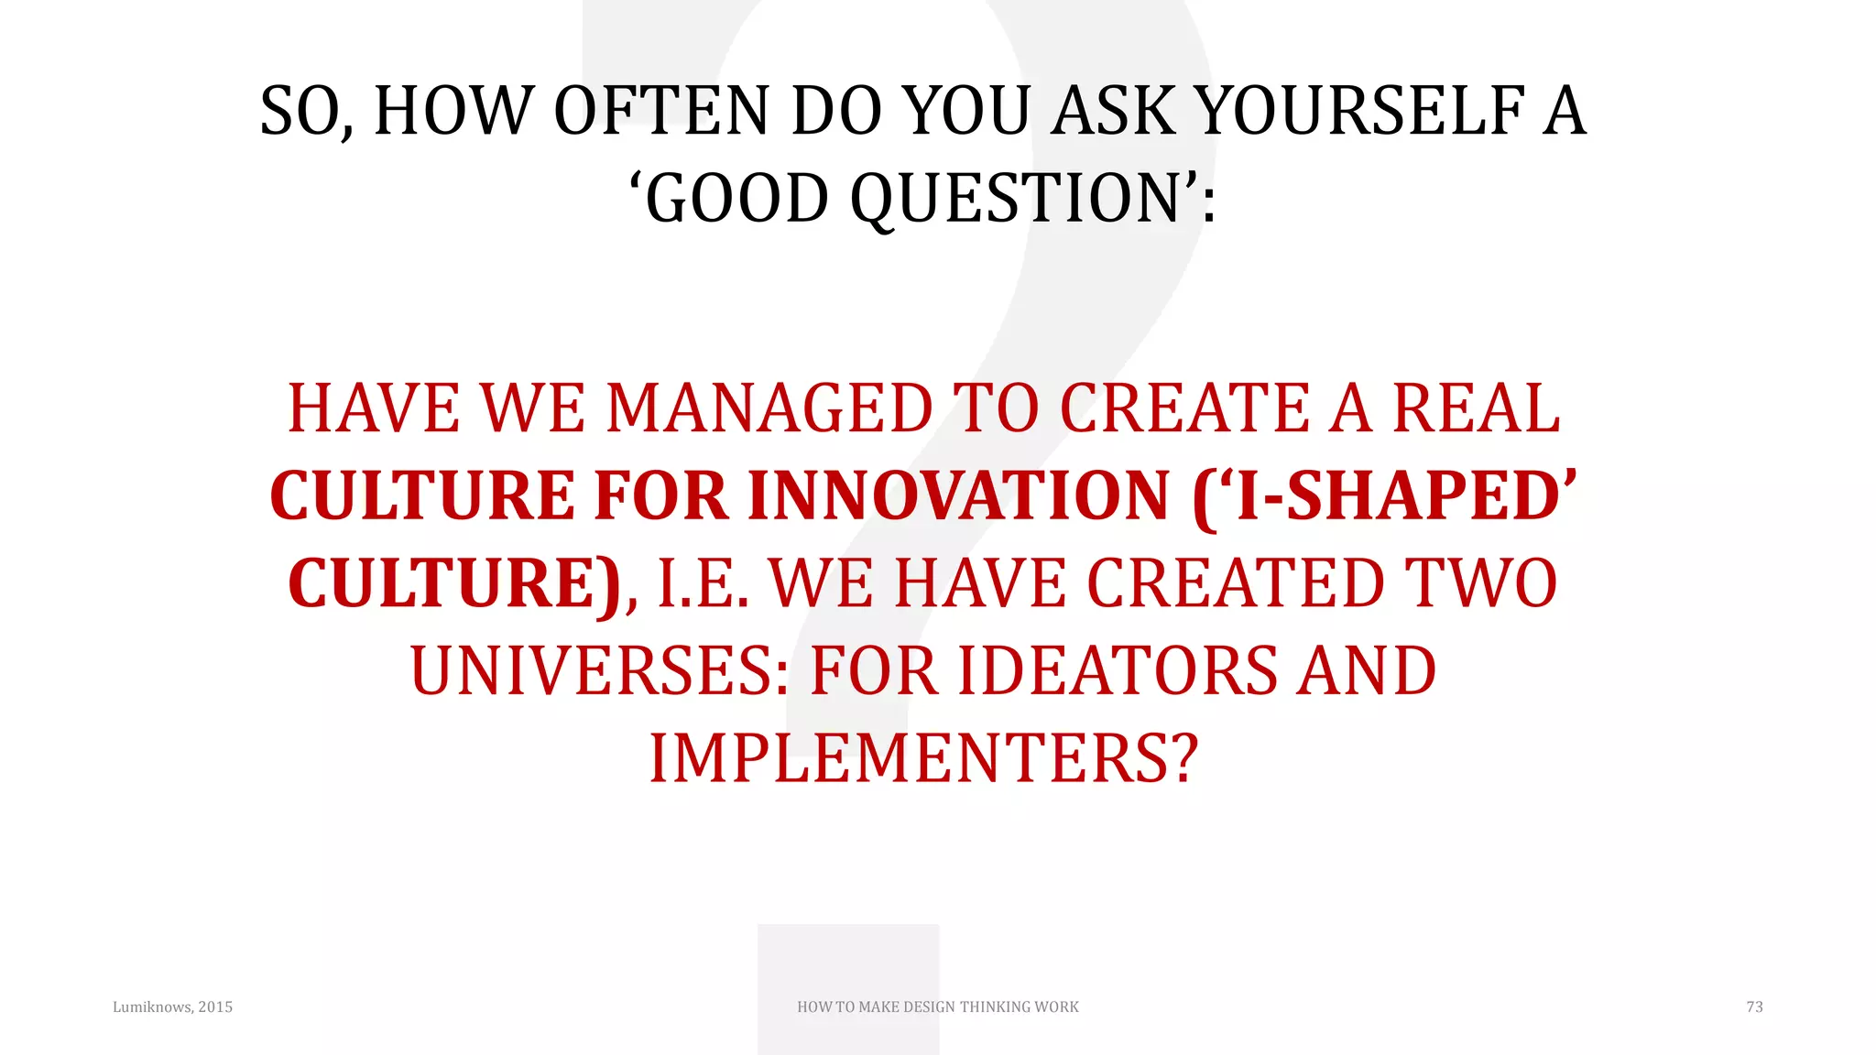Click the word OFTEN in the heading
coord(660,112)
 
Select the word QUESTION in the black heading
coord(1017,199)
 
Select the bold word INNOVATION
coord(959,496)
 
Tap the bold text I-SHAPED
coord(1398,496)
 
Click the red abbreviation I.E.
coord(703,584)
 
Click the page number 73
coord(1754,1007)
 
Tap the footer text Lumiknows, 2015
coord(172,1007)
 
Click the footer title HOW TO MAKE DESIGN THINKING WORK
coord(938,1007)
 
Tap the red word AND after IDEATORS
coord(1368,671)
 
